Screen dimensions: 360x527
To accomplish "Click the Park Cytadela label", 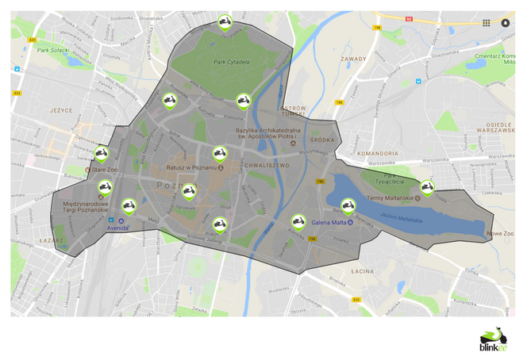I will (x=231, y=62).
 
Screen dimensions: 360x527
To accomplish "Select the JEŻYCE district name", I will (x=61, y=112).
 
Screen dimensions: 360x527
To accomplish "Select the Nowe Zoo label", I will (x=500, y=234).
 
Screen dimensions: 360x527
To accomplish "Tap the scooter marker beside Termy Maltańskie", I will (x=426, y=187).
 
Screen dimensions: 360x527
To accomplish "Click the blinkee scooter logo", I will (x=494, y=337).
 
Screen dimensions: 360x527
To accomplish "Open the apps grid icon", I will (x=487, y=23).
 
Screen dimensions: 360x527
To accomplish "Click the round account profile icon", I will (x=505, y=23).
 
